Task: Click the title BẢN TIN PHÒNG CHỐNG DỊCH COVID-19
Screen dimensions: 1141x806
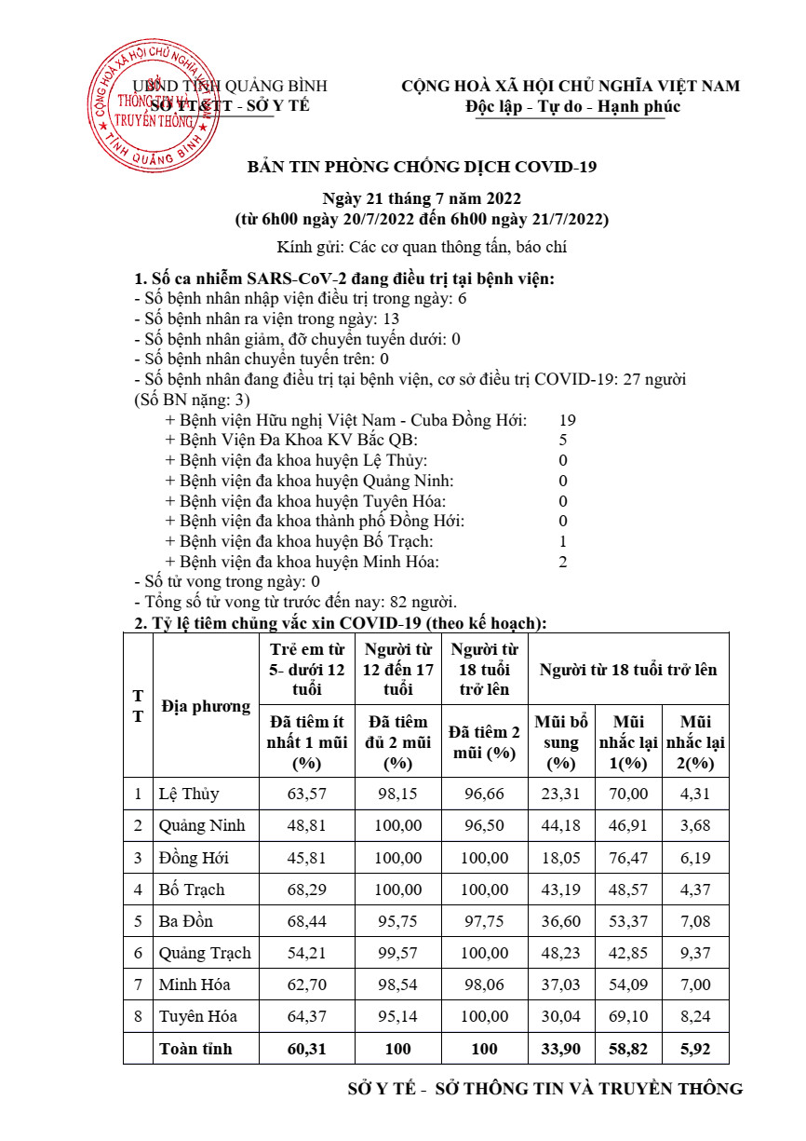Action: [421, 167]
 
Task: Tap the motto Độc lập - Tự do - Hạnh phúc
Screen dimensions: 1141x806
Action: [572, 106]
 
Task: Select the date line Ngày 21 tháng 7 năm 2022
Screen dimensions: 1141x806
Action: [421, 199]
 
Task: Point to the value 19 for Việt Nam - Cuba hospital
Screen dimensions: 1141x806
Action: [567, 420]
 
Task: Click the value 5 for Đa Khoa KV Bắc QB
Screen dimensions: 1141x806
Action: [563, 440]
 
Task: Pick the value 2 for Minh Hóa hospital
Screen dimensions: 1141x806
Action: [563, 562]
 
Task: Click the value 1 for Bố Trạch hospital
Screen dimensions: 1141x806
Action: [563, 541]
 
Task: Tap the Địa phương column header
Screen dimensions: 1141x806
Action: [206, 706]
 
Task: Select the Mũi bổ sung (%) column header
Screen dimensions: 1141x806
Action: [561, 742]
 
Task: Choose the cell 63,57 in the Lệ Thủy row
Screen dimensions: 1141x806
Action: [307, 795]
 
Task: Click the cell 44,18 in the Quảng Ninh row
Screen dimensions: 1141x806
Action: [561, 826]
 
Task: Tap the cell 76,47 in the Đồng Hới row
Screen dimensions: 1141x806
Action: [628, 858]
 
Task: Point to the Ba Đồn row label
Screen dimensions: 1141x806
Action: [186, 921]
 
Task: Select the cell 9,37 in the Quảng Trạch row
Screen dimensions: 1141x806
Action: [694, 953]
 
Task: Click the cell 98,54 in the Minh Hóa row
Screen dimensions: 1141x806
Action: [397, 985]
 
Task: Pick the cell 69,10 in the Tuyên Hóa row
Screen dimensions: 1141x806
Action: [628, 1016]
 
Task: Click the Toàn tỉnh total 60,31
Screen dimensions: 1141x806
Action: [307, 1049]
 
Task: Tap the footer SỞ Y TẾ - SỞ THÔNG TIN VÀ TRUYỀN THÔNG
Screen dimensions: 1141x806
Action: [544, 1089]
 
